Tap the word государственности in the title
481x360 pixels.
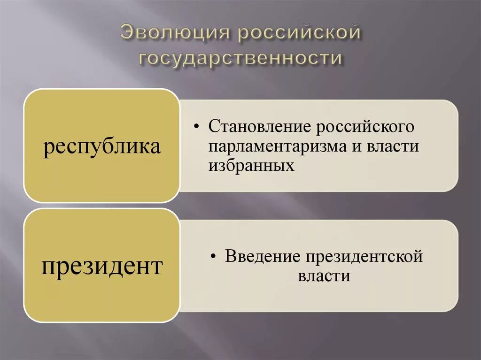coord(240,58)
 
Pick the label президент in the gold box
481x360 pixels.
coord(102,267)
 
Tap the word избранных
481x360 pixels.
coord(252,165)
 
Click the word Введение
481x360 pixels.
coord(263,256)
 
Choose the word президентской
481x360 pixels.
coord(364,256)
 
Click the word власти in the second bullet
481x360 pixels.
coord(324,276)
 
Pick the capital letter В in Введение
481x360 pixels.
coord(230,256)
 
